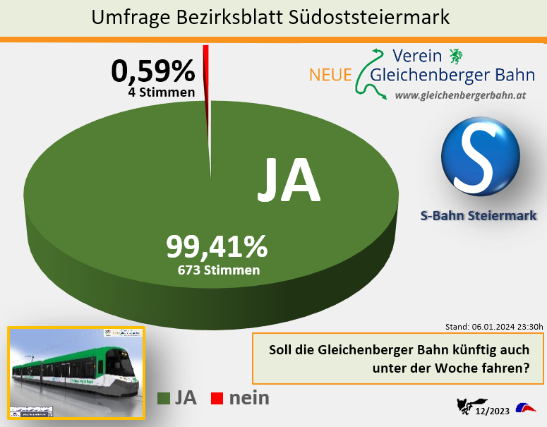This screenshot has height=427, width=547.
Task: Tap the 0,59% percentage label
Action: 152,71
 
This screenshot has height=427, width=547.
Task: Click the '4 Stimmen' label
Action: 162,92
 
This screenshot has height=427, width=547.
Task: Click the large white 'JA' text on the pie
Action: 288,181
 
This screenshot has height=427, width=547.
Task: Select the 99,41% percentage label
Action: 217,246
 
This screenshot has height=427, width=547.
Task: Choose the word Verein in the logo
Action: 416,56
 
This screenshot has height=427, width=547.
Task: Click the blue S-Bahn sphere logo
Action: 480,157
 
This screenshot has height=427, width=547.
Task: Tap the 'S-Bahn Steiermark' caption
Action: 478,215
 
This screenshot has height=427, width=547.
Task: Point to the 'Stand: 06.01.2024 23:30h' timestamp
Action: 494,327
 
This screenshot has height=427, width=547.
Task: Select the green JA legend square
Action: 163,399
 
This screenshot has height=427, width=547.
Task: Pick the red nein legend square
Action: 217,399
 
